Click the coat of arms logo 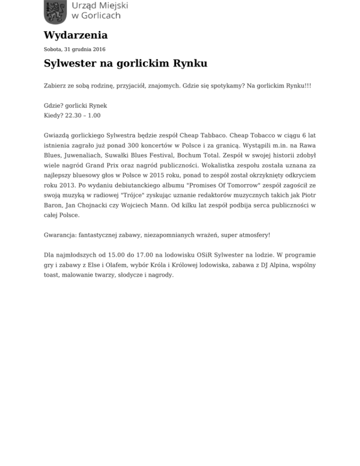55,11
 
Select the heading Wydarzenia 75,35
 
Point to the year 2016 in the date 99,49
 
